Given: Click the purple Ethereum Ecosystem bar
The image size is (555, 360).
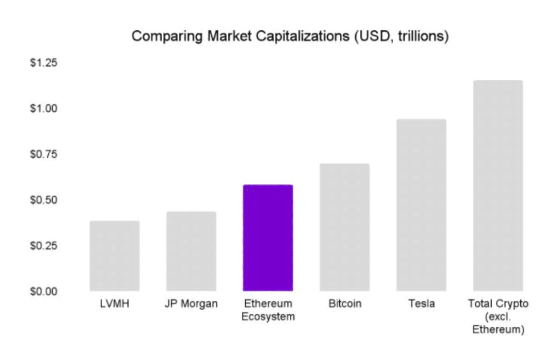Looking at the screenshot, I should [x=268, y=237].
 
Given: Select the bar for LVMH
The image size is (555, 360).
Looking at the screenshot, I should [x=114, y=255].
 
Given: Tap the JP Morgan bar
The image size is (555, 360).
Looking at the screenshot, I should [x=191, y=251].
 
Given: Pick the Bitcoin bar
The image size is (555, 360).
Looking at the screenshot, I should [x=345, y=227].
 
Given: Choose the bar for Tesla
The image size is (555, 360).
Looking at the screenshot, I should [x=421, y=205].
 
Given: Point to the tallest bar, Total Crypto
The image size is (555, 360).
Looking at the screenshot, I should [x=498, y=185].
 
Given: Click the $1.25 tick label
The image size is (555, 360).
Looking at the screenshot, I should [x=43, y=63].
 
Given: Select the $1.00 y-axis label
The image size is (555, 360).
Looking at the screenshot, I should [x=43, y=108].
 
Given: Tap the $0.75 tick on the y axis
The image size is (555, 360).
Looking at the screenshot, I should [x=43, y=155].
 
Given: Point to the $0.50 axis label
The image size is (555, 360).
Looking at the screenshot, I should [x=43, y=200].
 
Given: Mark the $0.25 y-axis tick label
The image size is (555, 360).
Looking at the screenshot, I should [x=43, y=246].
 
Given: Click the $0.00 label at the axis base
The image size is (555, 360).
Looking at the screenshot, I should [x=43, y=291].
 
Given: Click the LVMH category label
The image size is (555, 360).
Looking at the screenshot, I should [x=114, y=304].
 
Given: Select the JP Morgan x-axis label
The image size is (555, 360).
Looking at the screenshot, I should [x=191, y=304].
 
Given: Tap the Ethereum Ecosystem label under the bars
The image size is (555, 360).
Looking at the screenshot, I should [x=268, y=310].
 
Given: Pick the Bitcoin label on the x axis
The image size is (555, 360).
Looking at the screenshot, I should [x=345, y=304].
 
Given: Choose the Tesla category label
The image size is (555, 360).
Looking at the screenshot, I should [x=421, y=304].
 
